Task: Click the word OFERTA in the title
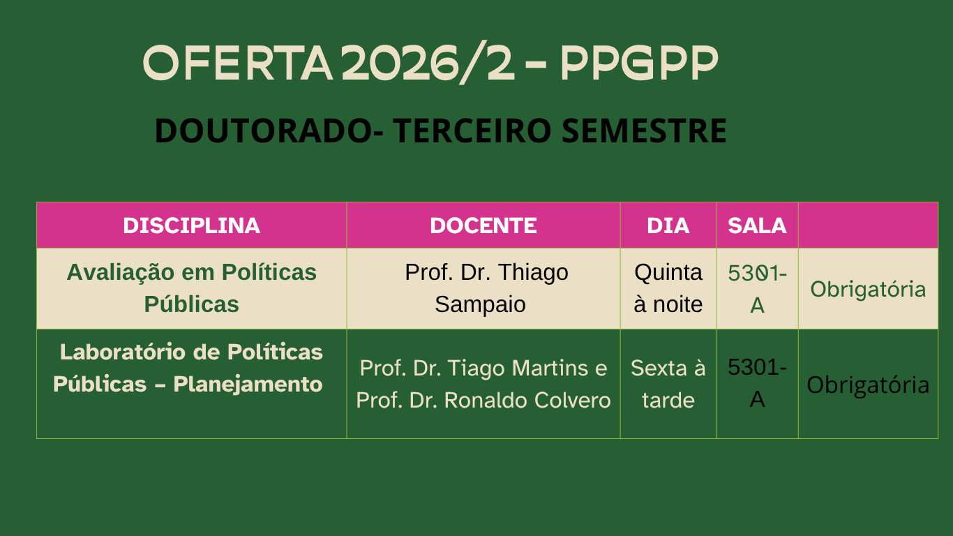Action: pyautogui.click(x=237, y=63)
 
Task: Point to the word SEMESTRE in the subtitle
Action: pyautogui.click(x=644, y=131)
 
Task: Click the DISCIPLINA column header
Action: pyautogui.click(x=191, y=225)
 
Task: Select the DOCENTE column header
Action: pyautogui.click(x=483, y=225)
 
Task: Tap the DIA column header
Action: pyautogui.click(x=668, y=225)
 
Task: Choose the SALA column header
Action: pyautogui.click(x=757, y=225)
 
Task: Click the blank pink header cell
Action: pyautogui.click(x=868, y=225)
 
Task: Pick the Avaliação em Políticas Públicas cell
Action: pyautogui.click(x=191, y=288)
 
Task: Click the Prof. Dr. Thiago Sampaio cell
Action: pyautogui.click(x=483, y=288)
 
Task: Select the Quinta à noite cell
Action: pyautogui.click(x=668, y=288)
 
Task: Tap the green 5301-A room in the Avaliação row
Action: pyautogui.click(x=757, y=289)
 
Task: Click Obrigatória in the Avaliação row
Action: pyautogui.click(x=868, y=290)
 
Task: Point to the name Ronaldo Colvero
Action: pyautogui.click(x=527, y=400)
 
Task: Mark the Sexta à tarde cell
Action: pyautogui.click(x=668, y=384)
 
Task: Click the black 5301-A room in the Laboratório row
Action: pyautogui.click(x=757, y=383)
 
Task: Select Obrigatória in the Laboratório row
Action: pyautogui.click(x=868, y=385)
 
